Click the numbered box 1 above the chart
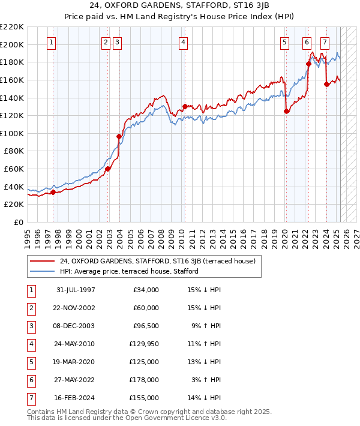pos(52,42)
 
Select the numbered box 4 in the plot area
pos(182,42)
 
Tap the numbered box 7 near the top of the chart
pos(325,42)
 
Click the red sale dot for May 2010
pos(184,107)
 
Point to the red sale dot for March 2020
pos(286,111)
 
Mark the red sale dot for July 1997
pos(53,192)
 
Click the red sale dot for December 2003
pos(119,137)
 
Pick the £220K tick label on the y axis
pos(12,27)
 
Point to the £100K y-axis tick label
pos(12,133)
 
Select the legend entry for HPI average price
pos(129,271)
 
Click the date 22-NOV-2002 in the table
pos(76,308)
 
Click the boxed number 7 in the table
pos(29,397)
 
